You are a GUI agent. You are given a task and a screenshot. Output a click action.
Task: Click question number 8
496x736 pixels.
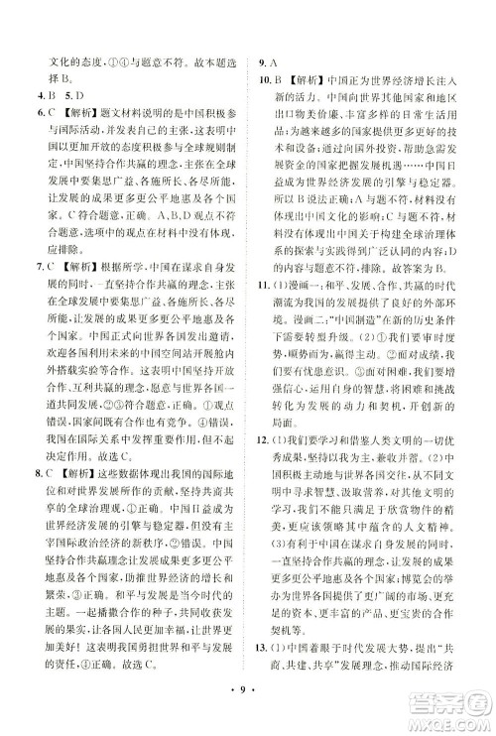(34, 505)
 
